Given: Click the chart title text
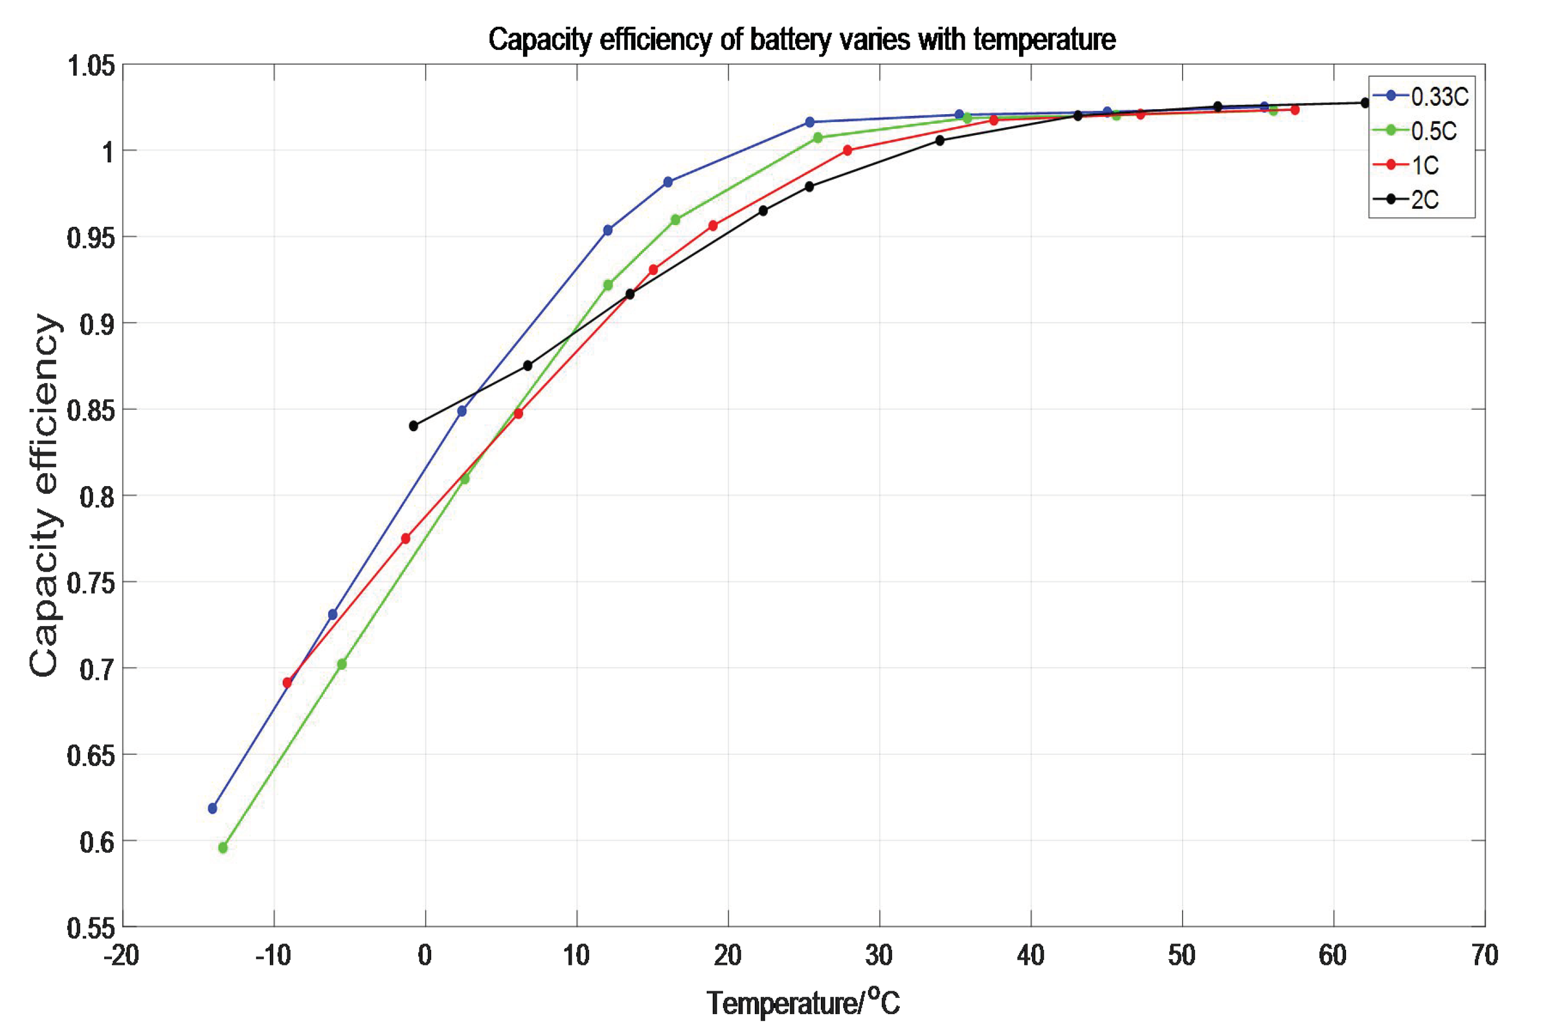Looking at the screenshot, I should pos(801,40).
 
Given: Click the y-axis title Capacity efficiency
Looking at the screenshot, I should pos(45,495).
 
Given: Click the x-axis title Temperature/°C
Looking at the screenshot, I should pos(803,1002).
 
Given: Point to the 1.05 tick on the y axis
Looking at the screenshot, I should pos(91,66).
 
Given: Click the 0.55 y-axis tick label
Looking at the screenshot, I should pos(91,928).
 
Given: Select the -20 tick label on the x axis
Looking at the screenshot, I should pos(122,955).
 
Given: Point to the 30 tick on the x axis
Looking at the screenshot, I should pos(879,955).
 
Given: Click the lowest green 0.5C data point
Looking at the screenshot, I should pos(223,848).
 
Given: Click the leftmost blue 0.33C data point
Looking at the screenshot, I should pos(212,808).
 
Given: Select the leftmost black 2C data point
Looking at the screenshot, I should pos(414,426).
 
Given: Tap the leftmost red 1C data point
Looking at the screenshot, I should pos(287,683).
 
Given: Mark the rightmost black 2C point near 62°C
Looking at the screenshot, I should pos(1365,102).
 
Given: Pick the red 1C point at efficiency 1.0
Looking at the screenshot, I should pos(848,150).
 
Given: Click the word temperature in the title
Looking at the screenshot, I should pos(1044,40).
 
